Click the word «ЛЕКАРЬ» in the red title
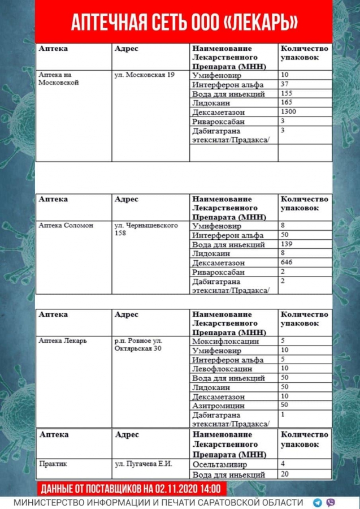259,22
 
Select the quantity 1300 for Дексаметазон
289,112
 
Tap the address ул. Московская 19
144,75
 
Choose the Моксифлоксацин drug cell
225,342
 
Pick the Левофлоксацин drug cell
222,369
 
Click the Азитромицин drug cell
218,406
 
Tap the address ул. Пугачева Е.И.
143,464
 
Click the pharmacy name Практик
53,464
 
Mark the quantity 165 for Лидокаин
288,103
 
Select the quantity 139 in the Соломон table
288,244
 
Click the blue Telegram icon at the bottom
318,502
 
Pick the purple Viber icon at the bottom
331,502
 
